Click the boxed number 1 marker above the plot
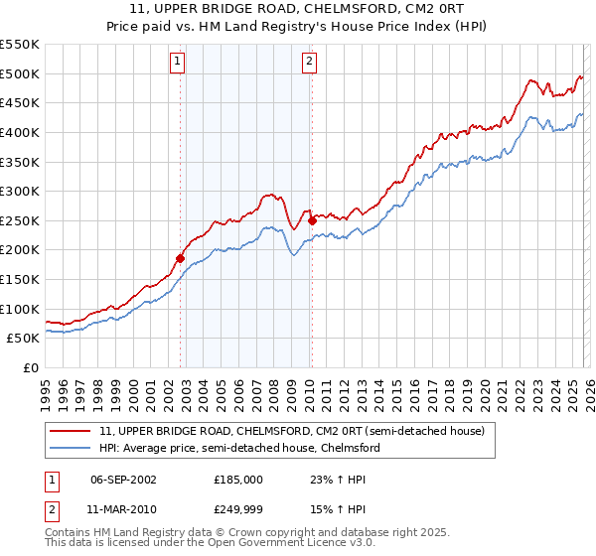pos(177,62)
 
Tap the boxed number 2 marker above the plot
pos(309,62)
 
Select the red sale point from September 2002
pos(181,258)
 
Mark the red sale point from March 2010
pos(312,220)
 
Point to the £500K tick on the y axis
pos(20,73)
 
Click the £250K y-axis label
pos(20,220)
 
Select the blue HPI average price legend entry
pos(238,448)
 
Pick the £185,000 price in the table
pos(238,479)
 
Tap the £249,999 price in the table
pos(238,509)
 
